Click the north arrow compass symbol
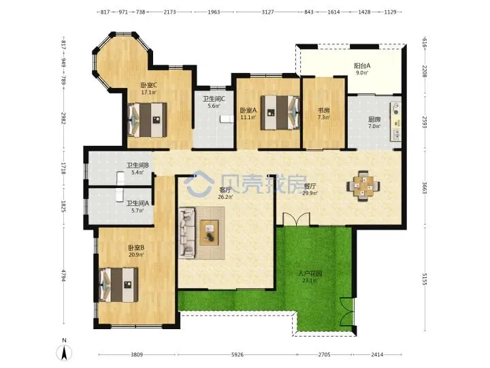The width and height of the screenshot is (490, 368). [64, 351]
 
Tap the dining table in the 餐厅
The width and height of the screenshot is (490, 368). [363, 186]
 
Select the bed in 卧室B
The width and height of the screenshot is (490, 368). [118, 285]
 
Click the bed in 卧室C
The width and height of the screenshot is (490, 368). [148, 120]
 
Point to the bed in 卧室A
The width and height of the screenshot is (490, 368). [280, 112]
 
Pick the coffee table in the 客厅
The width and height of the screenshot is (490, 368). [210, 232]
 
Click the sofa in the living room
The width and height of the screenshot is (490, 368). [187, 233]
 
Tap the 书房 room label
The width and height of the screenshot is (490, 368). [323, 110]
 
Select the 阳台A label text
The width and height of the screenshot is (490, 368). [362, 65]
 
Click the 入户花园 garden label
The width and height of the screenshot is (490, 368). [310, 273]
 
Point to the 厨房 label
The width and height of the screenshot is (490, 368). [374, 119]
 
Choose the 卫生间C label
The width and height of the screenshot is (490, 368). [214, 99]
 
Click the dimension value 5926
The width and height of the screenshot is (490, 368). [238, 354]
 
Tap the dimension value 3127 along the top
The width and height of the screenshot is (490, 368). [267, 12]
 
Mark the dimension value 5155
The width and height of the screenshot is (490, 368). [424, 279]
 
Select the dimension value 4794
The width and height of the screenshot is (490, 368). [63, 275]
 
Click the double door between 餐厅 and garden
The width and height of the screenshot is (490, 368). [296, 219]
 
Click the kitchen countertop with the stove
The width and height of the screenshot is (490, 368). [395, 122]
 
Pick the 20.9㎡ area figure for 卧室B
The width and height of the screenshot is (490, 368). [136, 255]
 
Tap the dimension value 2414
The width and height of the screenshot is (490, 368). [377, 354]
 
